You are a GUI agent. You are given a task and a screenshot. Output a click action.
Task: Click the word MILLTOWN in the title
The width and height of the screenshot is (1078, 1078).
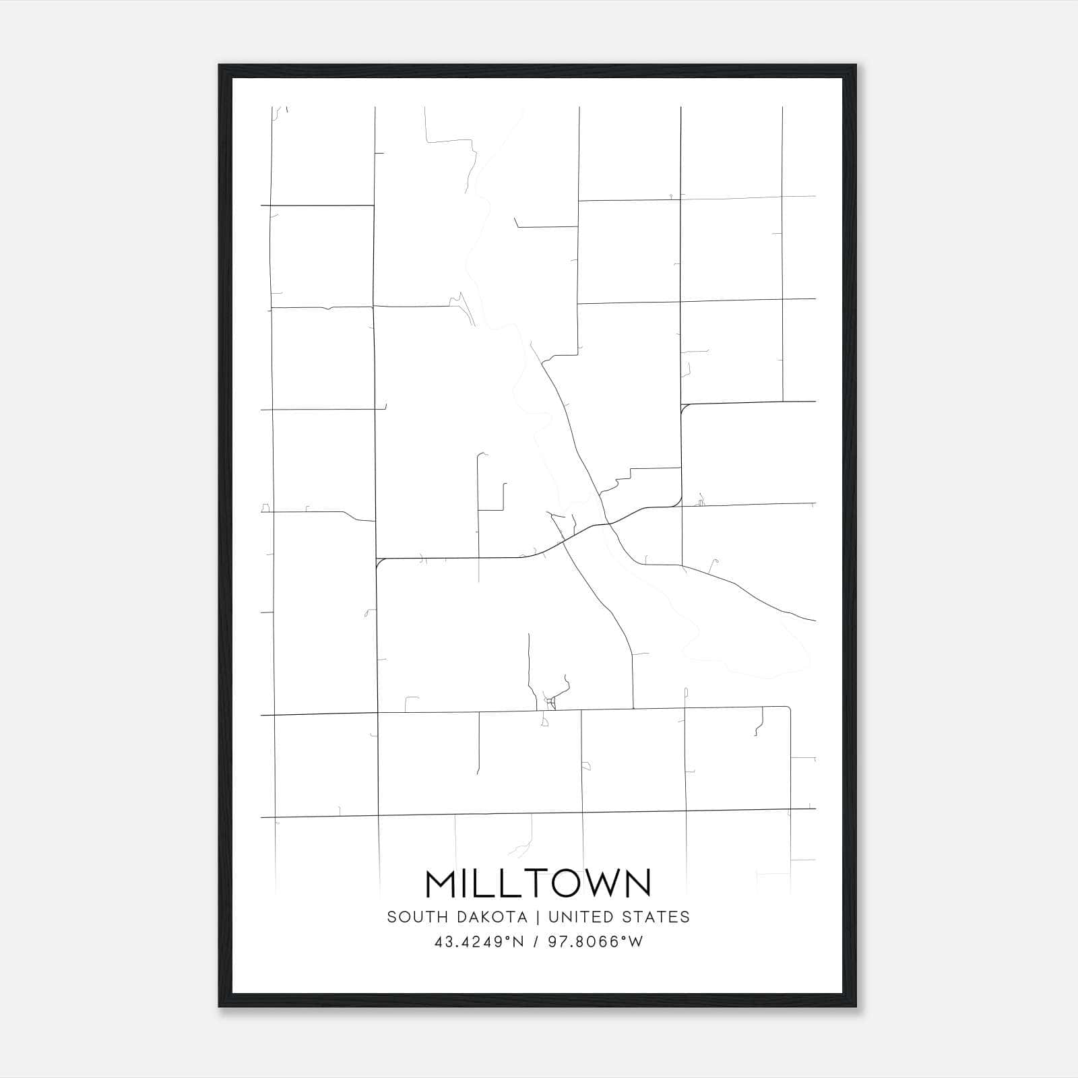538,883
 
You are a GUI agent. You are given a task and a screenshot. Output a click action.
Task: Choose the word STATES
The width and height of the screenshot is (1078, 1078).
656,917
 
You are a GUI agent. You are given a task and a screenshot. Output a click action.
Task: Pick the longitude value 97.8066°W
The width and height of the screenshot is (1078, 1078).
595,942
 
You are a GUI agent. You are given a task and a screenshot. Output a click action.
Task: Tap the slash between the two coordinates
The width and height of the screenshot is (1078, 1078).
536,942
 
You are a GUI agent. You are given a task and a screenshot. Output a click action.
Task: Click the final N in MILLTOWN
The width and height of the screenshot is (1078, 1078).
638,883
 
